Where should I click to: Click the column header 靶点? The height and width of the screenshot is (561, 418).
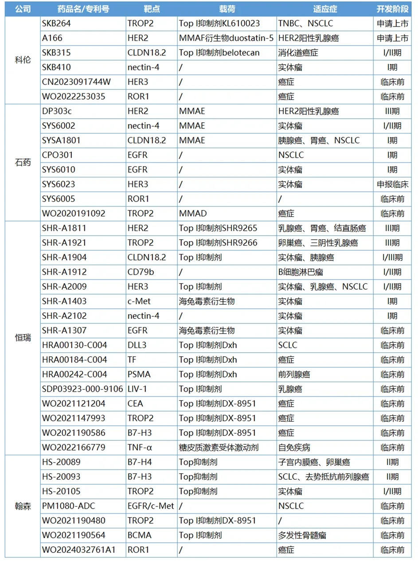click(x=152, y=9)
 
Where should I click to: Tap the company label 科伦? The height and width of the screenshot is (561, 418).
click(x=23, y=60)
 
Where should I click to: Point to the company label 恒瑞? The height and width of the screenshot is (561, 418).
click(x=23, y=337)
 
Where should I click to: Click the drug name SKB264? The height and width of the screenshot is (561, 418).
click(x=56, y=23)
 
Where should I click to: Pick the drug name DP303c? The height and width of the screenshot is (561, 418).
click(x=57, y=111)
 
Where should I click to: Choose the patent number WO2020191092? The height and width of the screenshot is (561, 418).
click(x=74, y=213)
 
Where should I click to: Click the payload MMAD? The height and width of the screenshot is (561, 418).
click(x=193, y=213)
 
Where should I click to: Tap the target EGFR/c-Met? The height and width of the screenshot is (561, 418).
click(x=151, y=506)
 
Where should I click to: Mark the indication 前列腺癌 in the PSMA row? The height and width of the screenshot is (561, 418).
click(x=294, y=374)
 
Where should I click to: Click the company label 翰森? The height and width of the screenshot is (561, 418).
click(x=23, y=506)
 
